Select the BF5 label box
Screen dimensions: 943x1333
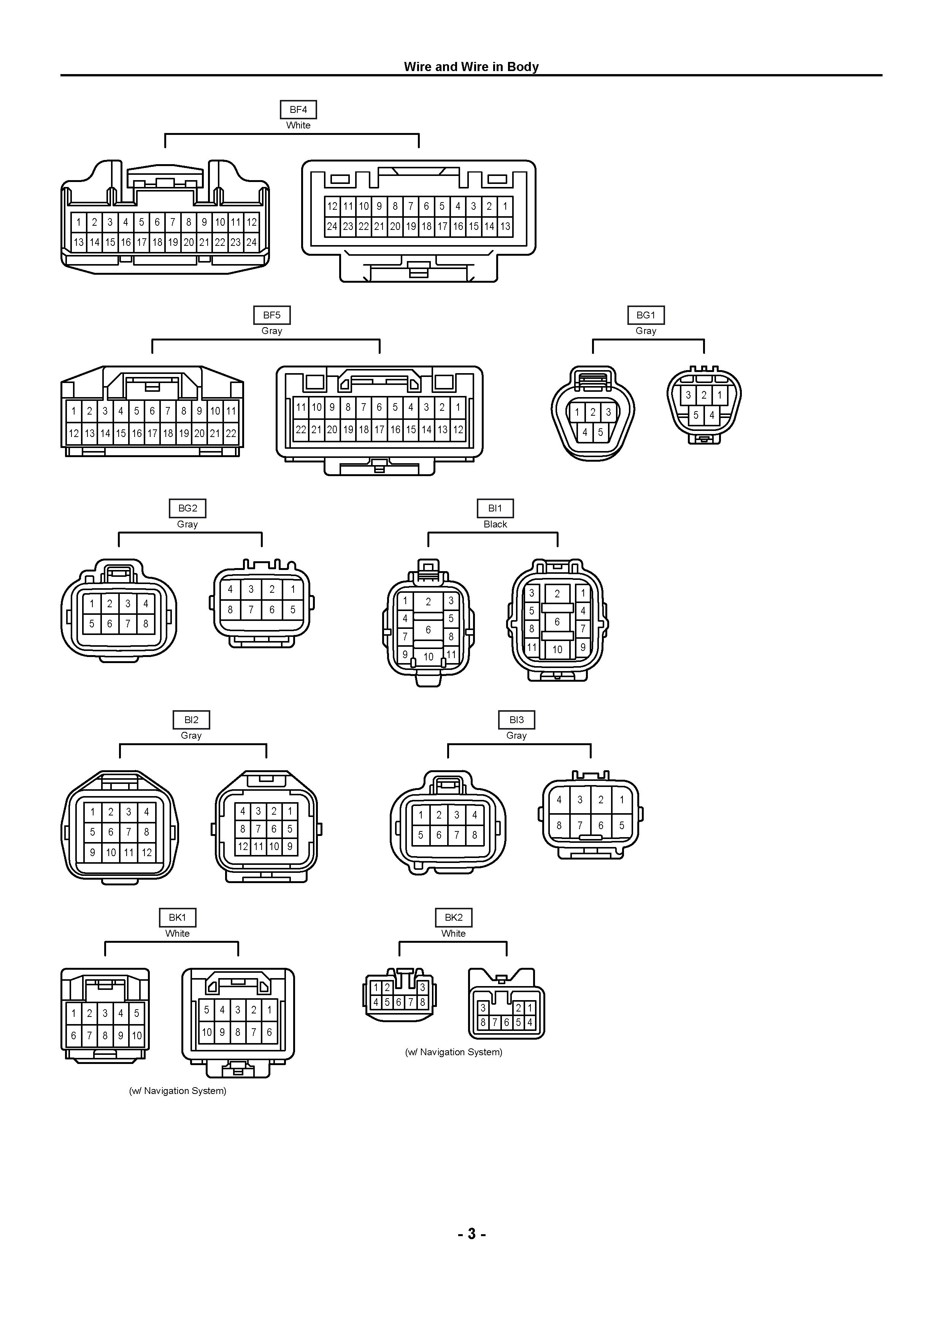tap(271, 315)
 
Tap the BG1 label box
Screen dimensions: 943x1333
tap(646, 315)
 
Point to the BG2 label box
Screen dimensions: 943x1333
tap(188, 508)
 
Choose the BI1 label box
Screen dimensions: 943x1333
tap(495, 508)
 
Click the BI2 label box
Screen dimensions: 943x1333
tap(191, 720)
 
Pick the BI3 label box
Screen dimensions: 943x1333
tap(516, 720)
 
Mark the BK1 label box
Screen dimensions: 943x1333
tap(177, 918)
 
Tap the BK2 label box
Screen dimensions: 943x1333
tap(454, 918)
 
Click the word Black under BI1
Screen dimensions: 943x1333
tap(495, 524)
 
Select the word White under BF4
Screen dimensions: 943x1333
tap(298, 125)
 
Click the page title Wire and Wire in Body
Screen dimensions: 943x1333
tap(471, 67)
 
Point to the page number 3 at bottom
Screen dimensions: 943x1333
tap(471, 1234)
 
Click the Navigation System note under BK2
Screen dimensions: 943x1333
tap(454, 1052)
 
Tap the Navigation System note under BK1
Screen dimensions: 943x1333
tap(177, 1091)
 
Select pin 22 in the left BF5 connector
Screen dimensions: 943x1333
tap(231, 434)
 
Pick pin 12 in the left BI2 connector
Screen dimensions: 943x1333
tap(146, 853)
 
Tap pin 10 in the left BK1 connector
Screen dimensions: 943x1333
tap(137, 1036)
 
